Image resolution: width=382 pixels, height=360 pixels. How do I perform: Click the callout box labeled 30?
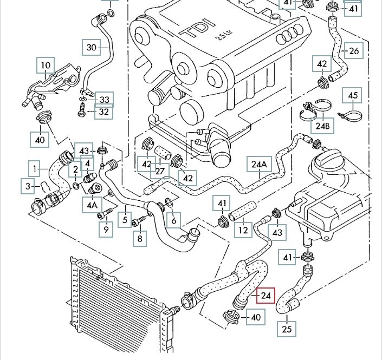[x=91, y=48]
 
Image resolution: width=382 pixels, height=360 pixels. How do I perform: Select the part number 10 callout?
[x=46, y=67]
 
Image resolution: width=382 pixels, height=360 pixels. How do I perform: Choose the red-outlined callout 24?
[x=266, y=296]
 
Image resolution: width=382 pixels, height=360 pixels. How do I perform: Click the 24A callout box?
[x=259, y=164]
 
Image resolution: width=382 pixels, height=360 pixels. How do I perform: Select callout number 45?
[x=353, y=96]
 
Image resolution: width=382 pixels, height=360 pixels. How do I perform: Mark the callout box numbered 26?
[x=353, y=51]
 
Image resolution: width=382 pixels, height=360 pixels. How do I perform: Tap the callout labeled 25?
[x=288, y=329]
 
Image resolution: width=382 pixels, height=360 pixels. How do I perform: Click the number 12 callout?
[x=243, y=231]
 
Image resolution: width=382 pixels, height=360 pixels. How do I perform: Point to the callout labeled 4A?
[x=92, y=205]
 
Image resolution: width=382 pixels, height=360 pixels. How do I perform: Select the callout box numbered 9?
[x=106, y=229]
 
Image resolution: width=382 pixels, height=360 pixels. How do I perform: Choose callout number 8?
[x=140, y=238]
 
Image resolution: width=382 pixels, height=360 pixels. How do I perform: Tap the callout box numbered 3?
[x=29, y=186]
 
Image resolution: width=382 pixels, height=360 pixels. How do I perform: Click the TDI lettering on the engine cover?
[x=193, y=29]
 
